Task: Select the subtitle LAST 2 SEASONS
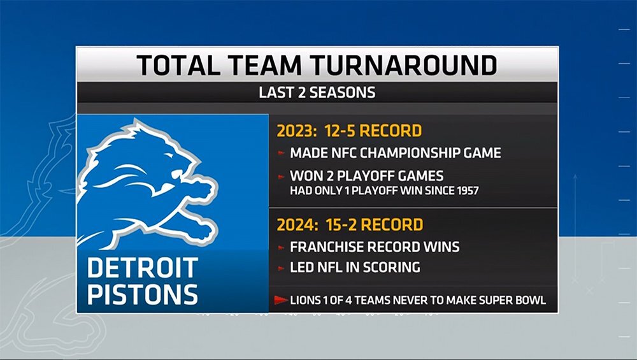click(x=317, y=92)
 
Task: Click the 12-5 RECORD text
click(x=373, y=131)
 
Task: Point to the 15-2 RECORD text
click(x=374, y=225)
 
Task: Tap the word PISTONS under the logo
click(x=143, y=294)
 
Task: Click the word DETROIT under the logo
click(x=143, y=268)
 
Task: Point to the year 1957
click(x=468, y=191)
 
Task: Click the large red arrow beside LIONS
click(x=281, y=300)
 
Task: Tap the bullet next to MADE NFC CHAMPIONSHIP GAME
click(x=281, y=153)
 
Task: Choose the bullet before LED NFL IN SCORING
click(x=281, y=268)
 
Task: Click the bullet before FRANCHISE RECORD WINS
click(x=281, y=247)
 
